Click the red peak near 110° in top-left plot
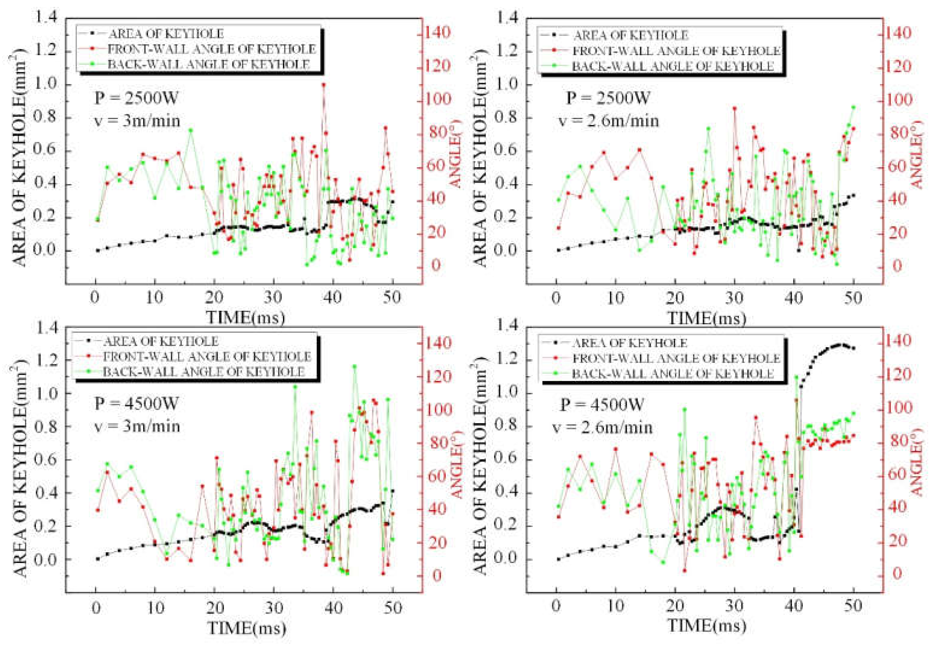[x=324, y=84]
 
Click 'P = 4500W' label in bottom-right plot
[x=601, y=404]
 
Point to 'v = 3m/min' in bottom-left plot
[x=137, y=426]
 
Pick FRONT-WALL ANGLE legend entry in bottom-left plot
[x=207, y=357]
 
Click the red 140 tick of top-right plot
[x=896, y=33]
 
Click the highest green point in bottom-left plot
[x=354, y=367]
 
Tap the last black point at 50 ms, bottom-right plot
[x=853, y=348]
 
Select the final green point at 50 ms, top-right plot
[x=853, y=107]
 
